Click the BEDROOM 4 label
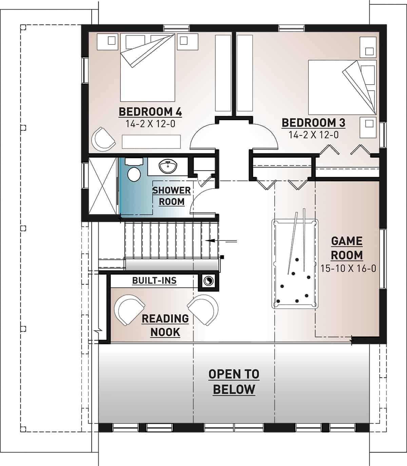150,112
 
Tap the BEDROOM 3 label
313,123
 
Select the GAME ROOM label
347,248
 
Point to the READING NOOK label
165,325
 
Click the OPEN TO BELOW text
234,381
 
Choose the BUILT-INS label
154,281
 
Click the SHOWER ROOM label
172,196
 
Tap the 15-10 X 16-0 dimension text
348,268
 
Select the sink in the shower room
167,166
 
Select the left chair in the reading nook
129,309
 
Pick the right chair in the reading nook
203,309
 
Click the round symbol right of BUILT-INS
208,281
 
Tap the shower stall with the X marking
103,186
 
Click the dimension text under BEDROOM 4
150,124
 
